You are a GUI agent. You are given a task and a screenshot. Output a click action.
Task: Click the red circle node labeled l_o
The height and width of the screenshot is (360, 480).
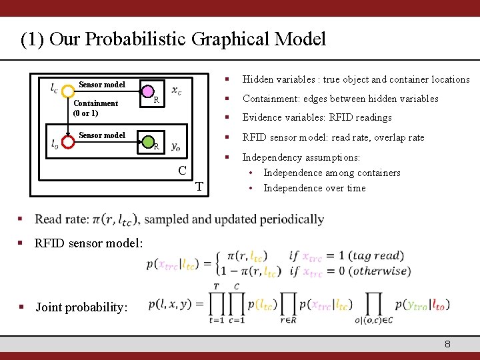pyautogui.click(x=68, y=141)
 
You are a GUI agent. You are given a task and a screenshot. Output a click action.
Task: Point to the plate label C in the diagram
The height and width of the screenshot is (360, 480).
pyautogui.click(x=182, y=170)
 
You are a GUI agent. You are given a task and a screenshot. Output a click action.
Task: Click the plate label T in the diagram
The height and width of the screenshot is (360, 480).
pyautogui.click(x=199, y=186)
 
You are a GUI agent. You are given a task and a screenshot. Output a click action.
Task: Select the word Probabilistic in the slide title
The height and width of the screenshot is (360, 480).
pyautogui.click(x=131, y=39)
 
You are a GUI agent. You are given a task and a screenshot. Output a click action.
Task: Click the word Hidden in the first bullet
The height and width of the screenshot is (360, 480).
pyautogui.click(x=258, y=79)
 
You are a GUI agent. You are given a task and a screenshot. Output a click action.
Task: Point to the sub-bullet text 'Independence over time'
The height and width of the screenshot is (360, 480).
pyautogui.click(x=314, y=188)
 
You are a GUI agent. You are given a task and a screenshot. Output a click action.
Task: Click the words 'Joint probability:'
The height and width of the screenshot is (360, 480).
pyautogui.click(x=81, y=307)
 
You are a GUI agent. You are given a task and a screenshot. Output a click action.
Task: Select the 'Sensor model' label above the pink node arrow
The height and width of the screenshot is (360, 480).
pyautogui.click(x=101, y=85)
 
